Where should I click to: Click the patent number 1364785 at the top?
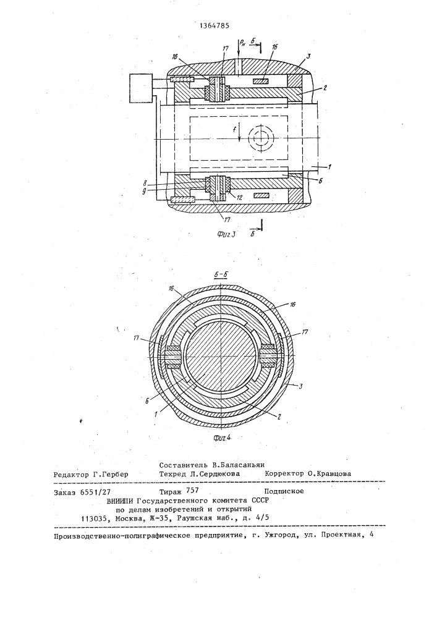(214, 27)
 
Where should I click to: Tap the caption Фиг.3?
(226, 235)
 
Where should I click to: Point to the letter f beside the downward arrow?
(234, 129)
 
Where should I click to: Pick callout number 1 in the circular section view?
(156, 414)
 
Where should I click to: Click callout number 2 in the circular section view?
(279, 417)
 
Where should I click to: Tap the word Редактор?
(71, 474)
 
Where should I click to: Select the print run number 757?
(192, 491)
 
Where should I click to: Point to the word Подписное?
(284, 491)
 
